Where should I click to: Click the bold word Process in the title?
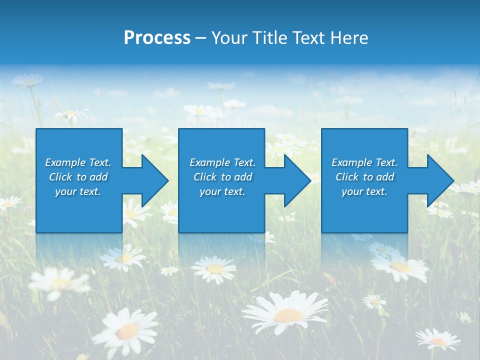point(157,38)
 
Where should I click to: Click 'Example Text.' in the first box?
point(78,162)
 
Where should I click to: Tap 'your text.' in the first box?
point(78,191)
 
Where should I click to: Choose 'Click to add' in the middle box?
point(222,177)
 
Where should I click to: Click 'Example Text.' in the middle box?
point(222,162)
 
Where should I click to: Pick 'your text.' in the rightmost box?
point(364,191)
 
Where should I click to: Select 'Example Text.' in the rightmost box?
point(364,162)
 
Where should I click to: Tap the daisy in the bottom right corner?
point(437,339)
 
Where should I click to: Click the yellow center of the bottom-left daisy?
point(127,330)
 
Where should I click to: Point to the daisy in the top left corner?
point(27,80)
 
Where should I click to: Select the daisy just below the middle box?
point(214,268)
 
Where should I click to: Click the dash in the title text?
point(200,38)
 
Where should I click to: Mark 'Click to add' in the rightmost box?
point(364,177)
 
